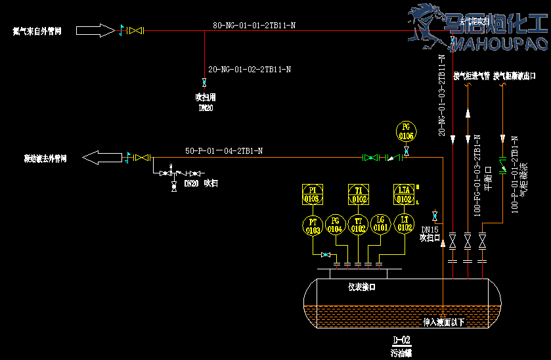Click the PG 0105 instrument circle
coord(407,131)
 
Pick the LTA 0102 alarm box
coord(403,194)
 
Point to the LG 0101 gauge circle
coord(380,224)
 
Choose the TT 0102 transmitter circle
coord(358,225)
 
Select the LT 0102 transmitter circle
coord(403,224)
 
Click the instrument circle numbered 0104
coord(335,224)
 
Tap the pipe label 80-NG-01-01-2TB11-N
coord(253,25)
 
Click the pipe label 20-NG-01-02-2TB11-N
coord(250,69)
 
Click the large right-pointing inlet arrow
coord(95,30)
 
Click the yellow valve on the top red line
coord(136,30)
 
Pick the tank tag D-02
coord(401,340)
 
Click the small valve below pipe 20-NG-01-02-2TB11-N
coord(204,82)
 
